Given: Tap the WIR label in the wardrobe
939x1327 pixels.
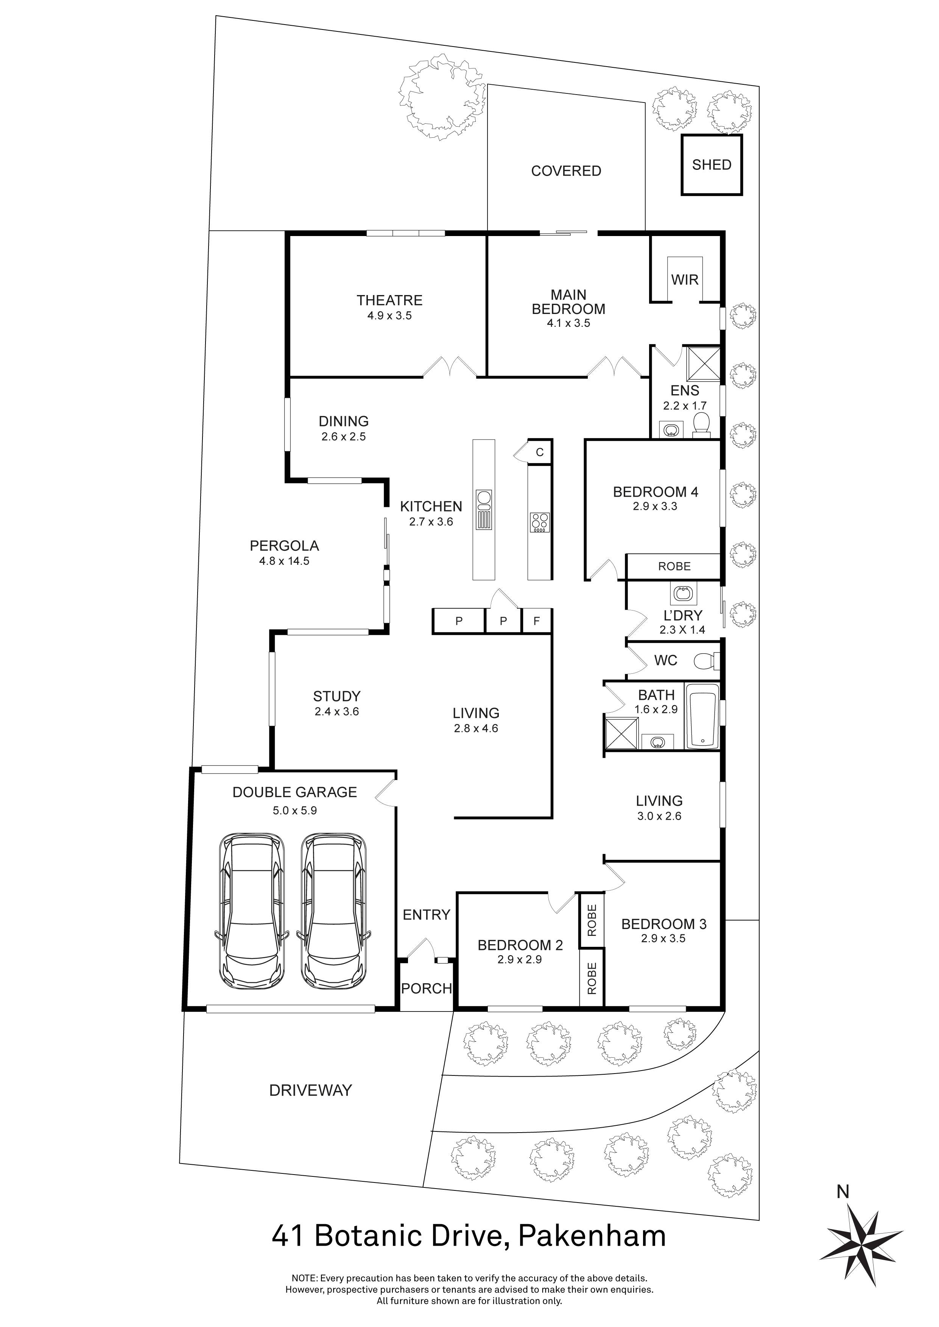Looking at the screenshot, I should (x=685, y=280).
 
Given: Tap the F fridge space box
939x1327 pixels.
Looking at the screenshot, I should (x=537, y=621).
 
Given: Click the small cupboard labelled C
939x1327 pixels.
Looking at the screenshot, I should (x=539, y=452).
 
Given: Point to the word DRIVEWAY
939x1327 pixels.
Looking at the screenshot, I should (x=310, y=1091).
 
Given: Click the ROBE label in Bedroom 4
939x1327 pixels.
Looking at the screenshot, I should (x=674, y=566).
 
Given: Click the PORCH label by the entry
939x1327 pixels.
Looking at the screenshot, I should (x=427, y=988).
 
